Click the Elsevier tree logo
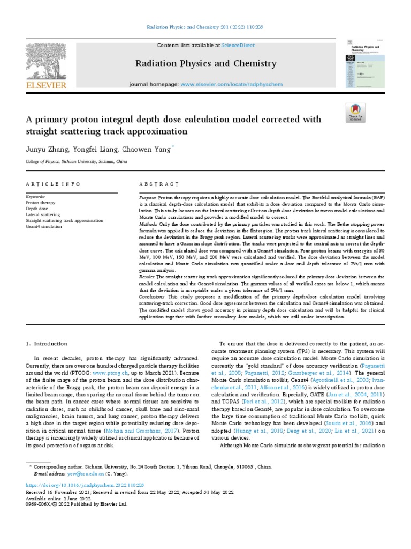click(45, 63)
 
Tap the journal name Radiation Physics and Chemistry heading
click(205, 64)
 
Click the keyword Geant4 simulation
click(43, 227)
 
